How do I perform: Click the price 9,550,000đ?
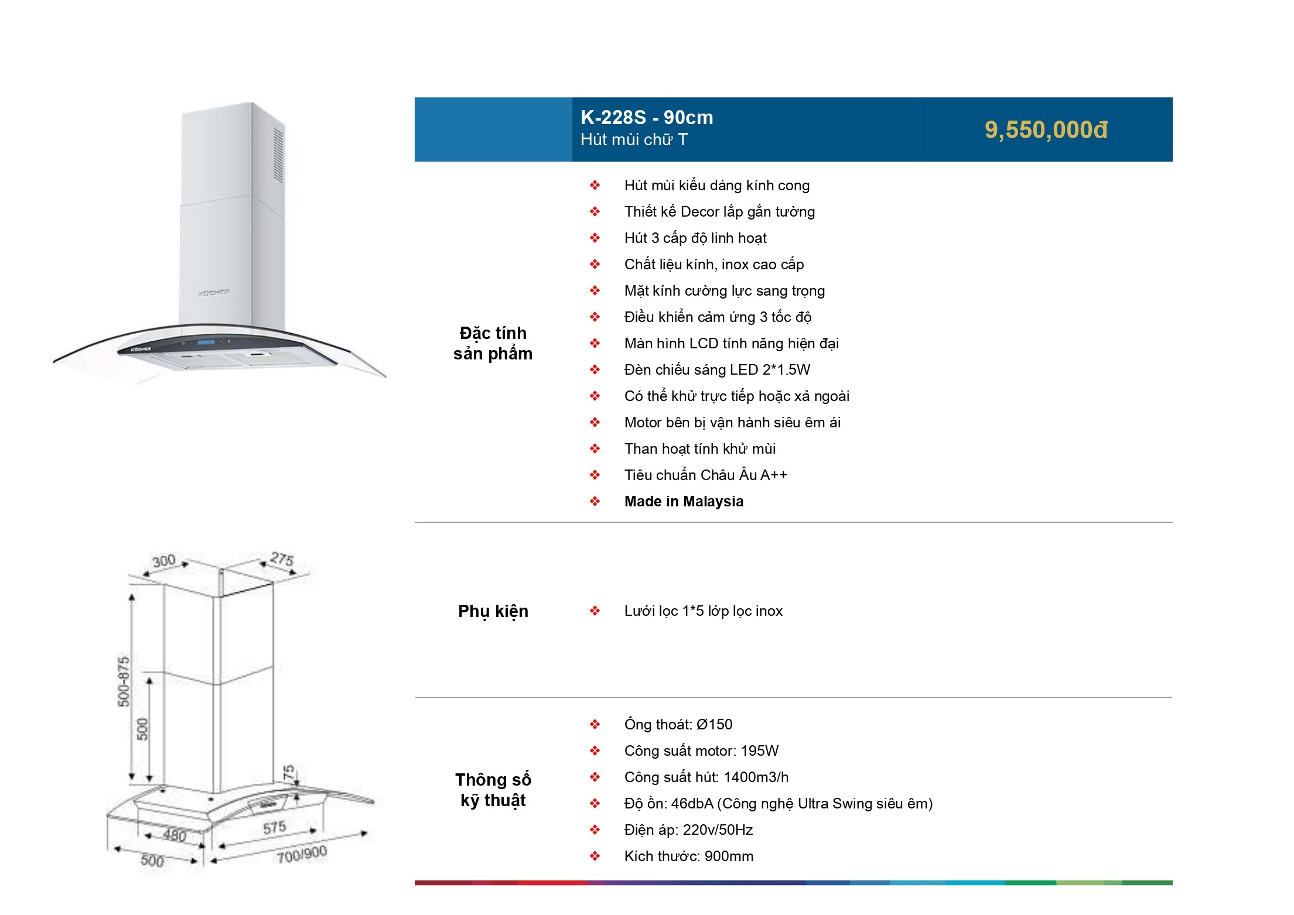(1046, 130)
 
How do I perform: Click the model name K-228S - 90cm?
(647, 118)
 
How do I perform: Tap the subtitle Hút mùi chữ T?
(634, 140)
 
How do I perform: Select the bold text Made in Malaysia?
(684, 502)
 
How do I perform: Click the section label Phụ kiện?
(493, 611)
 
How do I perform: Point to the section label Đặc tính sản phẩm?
(493, 343)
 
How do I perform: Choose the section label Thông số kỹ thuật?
(493, 790)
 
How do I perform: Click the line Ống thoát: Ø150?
(678, 725)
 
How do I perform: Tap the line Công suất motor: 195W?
(701, 751)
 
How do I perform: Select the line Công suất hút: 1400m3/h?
(706, 777)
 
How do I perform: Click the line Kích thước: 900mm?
(688, 856)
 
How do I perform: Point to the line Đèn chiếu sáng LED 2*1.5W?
(717, 370)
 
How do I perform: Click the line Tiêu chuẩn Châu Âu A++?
(705, 475)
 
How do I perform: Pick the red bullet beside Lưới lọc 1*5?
(595, 611)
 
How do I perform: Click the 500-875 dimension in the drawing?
(124, 681)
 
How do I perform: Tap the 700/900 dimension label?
(302, 855)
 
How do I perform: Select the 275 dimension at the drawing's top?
(282, 558)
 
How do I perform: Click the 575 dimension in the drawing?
(274, 828)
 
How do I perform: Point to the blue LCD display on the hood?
(206, 343)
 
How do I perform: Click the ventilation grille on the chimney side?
(279, 155)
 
